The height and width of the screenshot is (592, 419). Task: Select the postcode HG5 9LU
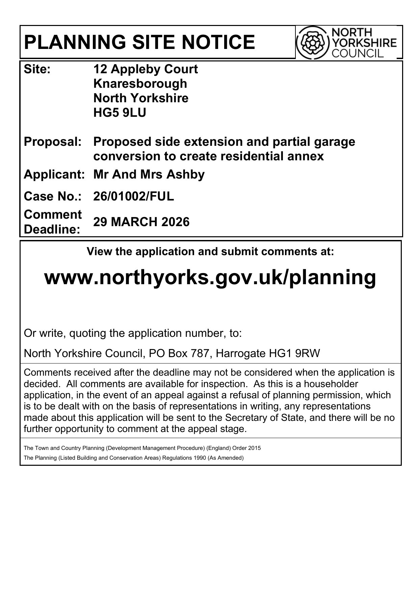pyautogui.click(x=120, y=113)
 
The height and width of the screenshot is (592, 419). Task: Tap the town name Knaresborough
pyautogui.click(x=140, y=83)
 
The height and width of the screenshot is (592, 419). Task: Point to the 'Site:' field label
pyautogui.click(x=37, y=69)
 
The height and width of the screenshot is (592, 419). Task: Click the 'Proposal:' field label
pyautogui.click(x=53, y=142)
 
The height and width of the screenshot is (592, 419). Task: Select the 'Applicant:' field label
pyautogui.click(x=54, y=174)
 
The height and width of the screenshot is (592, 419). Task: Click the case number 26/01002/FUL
pyautogui.click(x=133, y=196)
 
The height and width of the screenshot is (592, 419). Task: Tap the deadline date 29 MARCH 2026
pyautogui.click(x=141, y=222)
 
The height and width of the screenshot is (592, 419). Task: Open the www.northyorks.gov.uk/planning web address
pyautogui.click(x=210, y=277)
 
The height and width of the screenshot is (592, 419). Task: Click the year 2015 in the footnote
pyautogui.click(x=255, y=448)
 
